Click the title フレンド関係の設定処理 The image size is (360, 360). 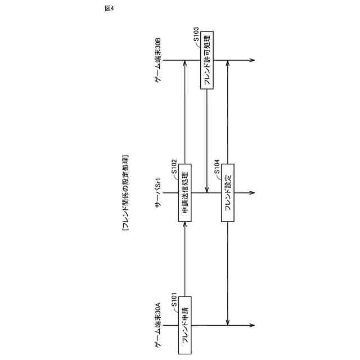[124, 190]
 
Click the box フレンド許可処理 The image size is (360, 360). [207, 60]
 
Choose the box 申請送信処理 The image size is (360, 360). [186, 192]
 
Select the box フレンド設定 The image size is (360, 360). [228, 192]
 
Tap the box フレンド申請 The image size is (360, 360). [186, 325]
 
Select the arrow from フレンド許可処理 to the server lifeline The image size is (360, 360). [207, 141]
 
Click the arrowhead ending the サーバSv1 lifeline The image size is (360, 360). [251, 192]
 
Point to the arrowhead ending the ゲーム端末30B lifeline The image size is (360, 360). [251, 60]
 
